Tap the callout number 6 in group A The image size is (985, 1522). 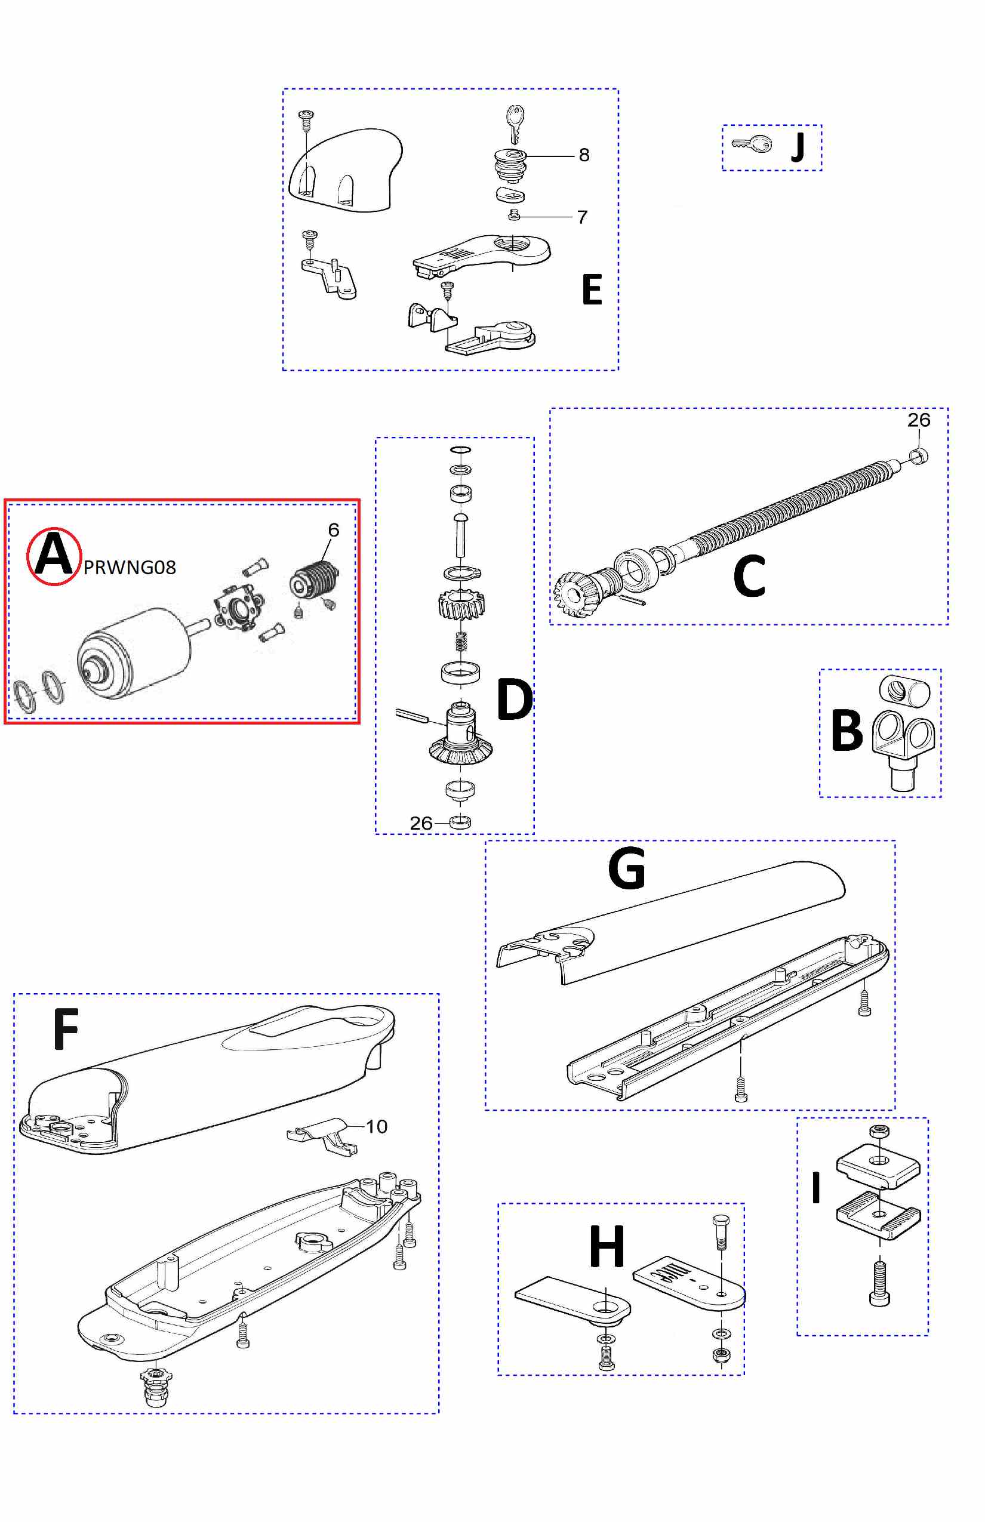point(333,529)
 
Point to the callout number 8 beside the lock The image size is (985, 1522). point(584,155)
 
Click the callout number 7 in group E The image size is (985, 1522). point(582,217)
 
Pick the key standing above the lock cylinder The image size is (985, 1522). point(515,123)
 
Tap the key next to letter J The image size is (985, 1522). point(752,144)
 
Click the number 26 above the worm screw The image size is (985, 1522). point(919,420)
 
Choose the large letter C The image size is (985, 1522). point(749,575)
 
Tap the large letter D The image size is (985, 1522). point(514,700)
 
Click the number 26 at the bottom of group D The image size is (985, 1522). point(421,823)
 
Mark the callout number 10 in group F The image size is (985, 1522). point(376,1127)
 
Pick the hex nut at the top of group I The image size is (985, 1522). point(879,1131)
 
